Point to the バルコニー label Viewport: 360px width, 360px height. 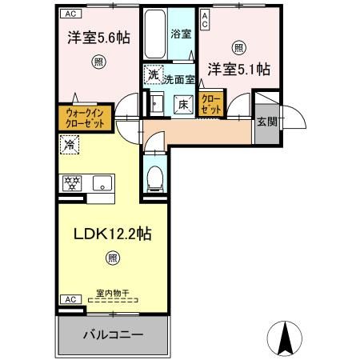coord(113,334)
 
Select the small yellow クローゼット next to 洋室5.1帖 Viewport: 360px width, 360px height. coord(211,102)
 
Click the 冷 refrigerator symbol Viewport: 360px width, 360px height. coord(70,146)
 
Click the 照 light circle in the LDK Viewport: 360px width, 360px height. coord(112,258)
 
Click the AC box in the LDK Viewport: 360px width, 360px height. coord(69,298)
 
